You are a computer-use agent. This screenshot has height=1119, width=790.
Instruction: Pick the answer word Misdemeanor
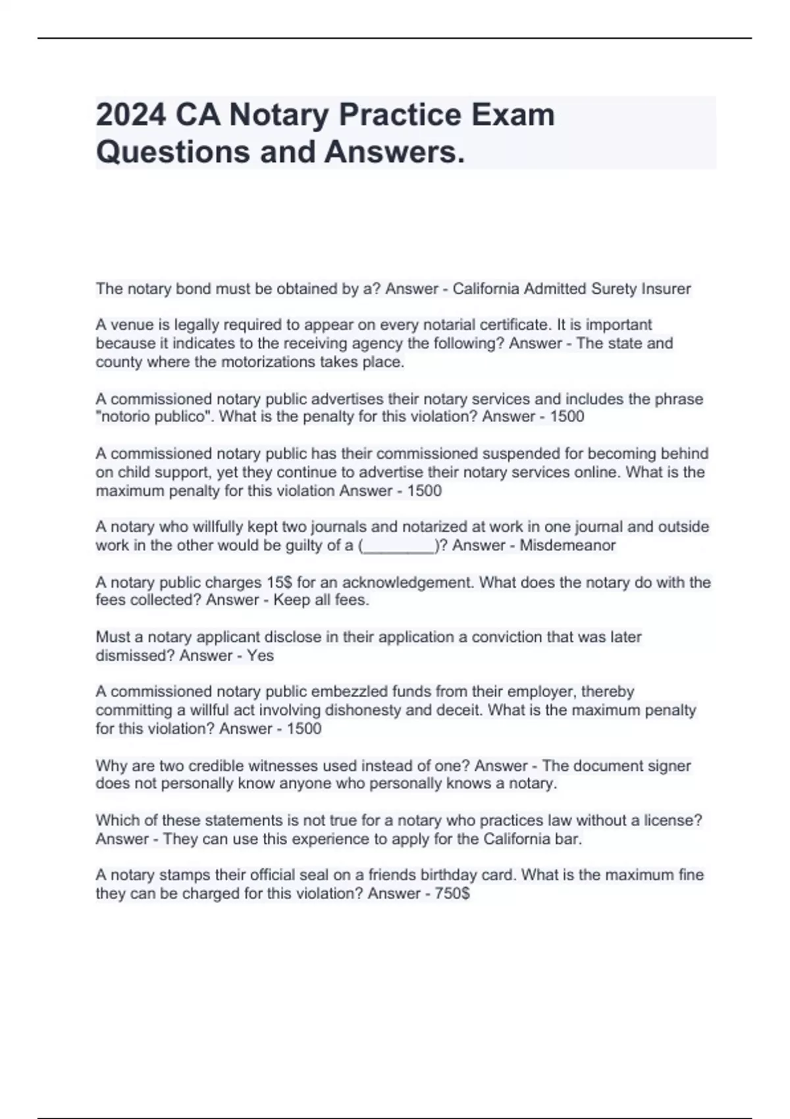pyautogui.click(x=567, y=546)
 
